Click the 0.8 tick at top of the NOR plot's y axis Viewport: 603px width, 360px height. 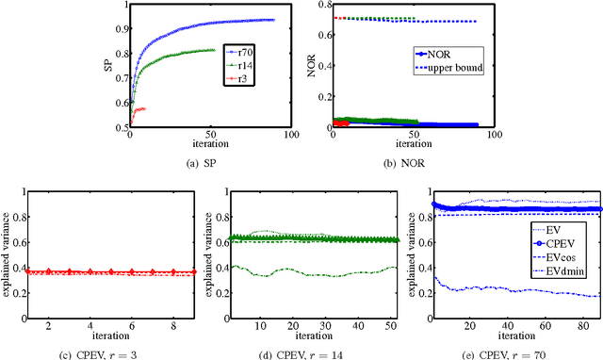point(323,6)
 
